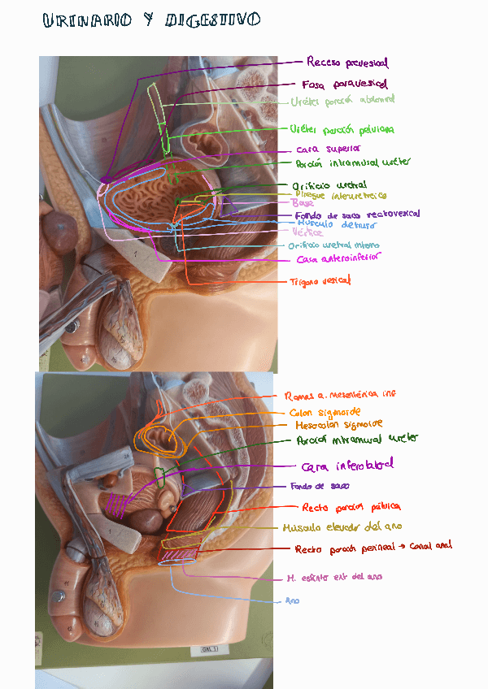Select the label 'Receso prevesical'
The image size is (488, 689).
tap(347, 63)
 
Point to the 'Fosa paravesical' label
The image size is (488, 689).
tap(344, 84)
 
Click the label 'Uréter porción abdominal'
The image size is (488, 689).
tap(342, 102)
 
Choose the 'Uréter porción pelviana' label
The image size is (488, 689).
tap(342, 129)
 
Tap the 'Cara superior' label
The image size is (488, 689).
tap(328, 149)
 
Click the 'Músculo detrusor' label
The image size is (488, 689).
tap(337, 223)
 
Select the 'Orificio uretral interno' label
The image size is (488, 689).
tap(333, 245)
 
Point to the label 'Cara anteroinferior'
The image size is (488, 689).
tap(339, 259)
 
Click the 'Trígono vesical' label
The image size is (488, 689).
tap(320, 281)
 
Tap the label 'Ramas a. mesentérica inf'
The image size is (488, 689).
tap(341, 396)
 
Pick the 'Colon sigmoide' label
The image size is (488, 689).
tap(324, 412)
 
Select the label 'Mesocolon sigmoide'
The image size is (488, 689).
tap(335, 424)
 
